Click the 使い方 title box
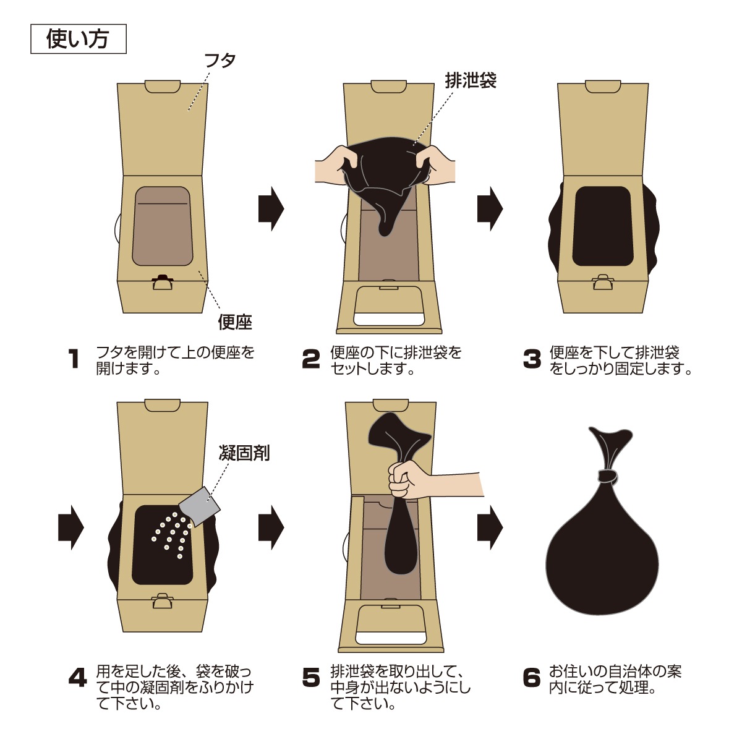(78, 39)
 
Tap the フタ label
(220, 61)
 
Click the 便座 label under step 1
(235, 322)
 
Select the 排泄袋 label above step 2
(471, 80)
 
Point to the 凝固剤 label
(244, 453)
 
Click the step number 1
(73, 359)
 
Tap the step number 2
(311, 359)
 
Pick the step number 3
(532, 359)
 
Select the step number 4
(78, 678)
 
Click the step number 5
(311, 678)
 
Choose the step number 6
(532, 678)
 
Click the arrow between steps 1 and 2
(271, 209)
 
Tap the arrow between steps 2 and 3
(490, 209)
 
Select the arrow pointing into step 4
(71, 527)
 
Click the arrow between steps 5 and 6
(490, 527)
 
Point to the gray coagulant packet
(200, 507)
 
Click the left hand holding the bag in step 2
(337, 166)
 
